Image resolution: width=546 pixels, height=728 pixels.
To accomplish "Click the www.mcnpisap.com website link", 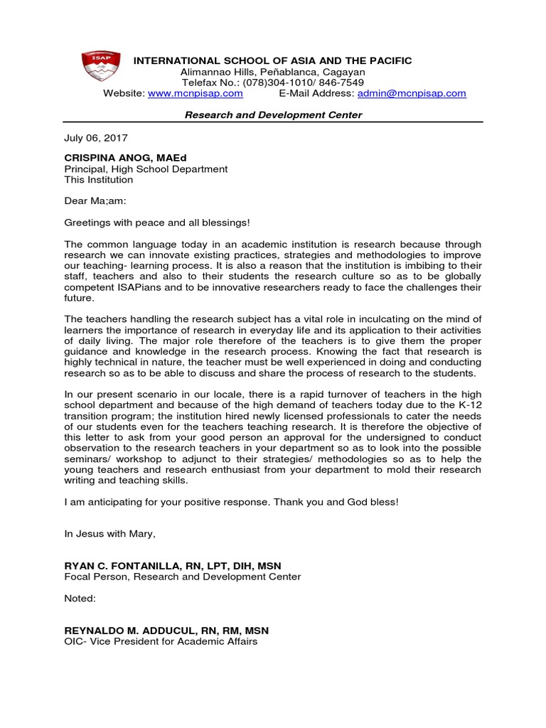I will point(195,93).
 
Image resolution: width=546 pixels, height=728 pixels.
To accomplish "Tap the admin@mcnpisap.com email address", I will point(412,93).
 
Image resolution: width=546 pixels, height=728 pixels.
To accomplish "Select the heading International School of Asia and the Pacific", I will point(273,61).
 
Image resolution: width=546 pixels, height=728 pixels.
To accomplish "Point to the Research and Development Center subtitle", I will point(273,115).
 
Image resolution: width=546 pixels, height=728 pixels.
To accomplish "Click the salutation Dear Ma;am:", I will point(95,201).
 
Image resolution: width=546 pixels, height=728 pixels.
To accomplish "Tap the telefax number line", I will point(273,82).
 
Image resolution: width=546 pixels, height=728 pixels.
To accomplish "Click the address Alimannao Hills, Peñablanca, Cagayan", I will point(273,72).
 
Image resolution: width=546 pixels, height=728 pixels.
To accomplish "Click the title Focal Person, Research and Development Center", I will point(183,577).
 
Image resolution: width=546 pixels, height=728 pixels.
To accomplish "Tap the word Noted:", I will point(80,599).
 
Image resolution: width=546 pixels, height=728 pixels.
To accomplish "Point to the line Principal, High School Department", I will point(146,169).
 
